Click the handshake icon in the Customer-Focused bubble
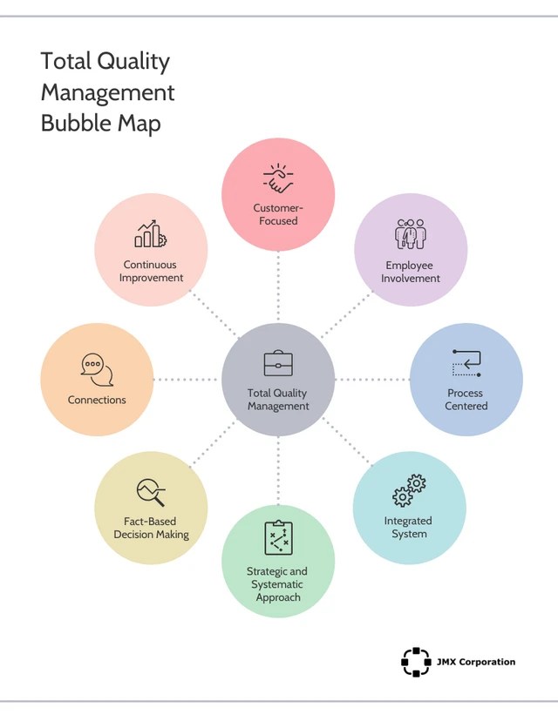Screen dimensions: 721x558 [278, 179]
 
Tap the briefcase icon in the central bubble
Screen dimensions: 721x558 [278, 364]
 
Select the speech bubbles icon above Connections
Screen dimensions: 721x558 [97, 370]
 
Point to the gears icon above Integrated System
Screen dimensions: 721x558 [409, 491]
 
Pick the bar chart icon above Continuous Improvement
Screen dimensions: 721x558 [150, 233]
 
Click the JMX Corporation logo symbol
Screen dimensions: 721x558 [416, 662]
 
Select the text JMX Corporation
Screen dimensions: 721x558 [476, 662]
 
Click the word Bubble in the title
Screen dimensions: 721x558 [73, 123]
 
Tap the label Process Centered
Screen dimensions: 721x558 [466, 400]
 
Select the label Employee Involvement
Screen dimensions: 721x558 [410, 272]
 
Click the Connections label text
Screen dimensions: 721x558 [97, 400]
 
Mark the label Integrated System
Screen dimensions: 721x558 [408, 527]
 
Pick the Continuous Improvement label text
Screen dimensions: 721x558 [150, 271]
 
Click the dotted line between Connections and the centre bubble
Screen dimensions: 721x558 [186, 380]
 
